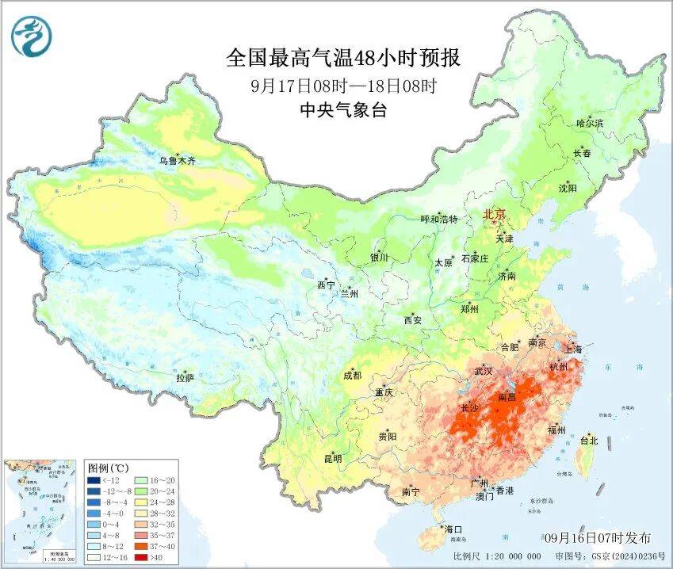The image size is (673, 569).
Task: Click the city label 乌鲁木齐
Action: point(176,160)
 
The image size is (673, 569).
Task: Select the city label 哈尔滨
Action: point(589,123)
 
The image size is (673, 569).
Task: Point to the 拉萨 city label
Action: point(185,378)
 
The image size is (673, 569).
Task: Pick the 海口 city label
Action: point(453,529)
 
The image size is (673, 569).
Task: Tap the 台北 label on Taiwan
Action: point(590,440)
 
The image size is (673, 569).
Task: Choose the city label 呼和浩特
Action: point(438,220)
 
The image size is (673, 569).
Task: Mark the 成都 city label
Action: point(353,376)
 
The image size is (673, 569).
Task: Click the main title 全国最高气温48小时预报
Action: point(343,58)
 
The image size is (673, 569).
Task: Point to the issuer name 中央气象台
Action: point(343,110)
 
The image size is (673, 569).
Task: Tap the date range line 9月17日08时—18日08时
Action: point(343,85)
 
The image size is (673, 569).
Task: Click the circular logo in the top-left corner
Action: point(30,35)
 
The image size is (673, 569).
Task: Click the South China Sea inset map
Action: point(41,510)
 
